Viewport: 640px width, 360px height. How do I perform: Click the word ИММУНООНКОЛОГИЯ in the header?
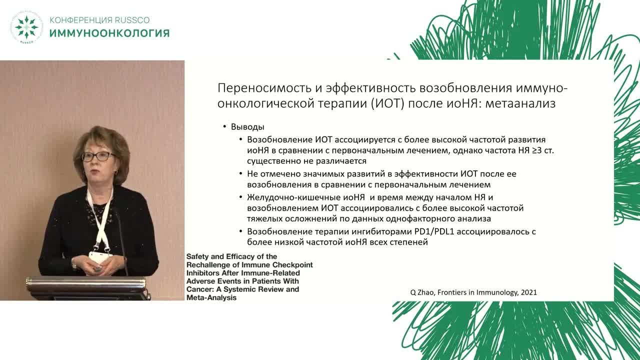109,33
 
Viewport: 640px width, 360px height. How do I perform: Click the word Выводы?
247,127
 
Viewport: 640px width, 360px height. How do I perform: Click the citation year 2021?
528,292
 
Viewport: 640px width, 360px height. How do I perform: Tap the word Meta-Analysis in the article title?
211,297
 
